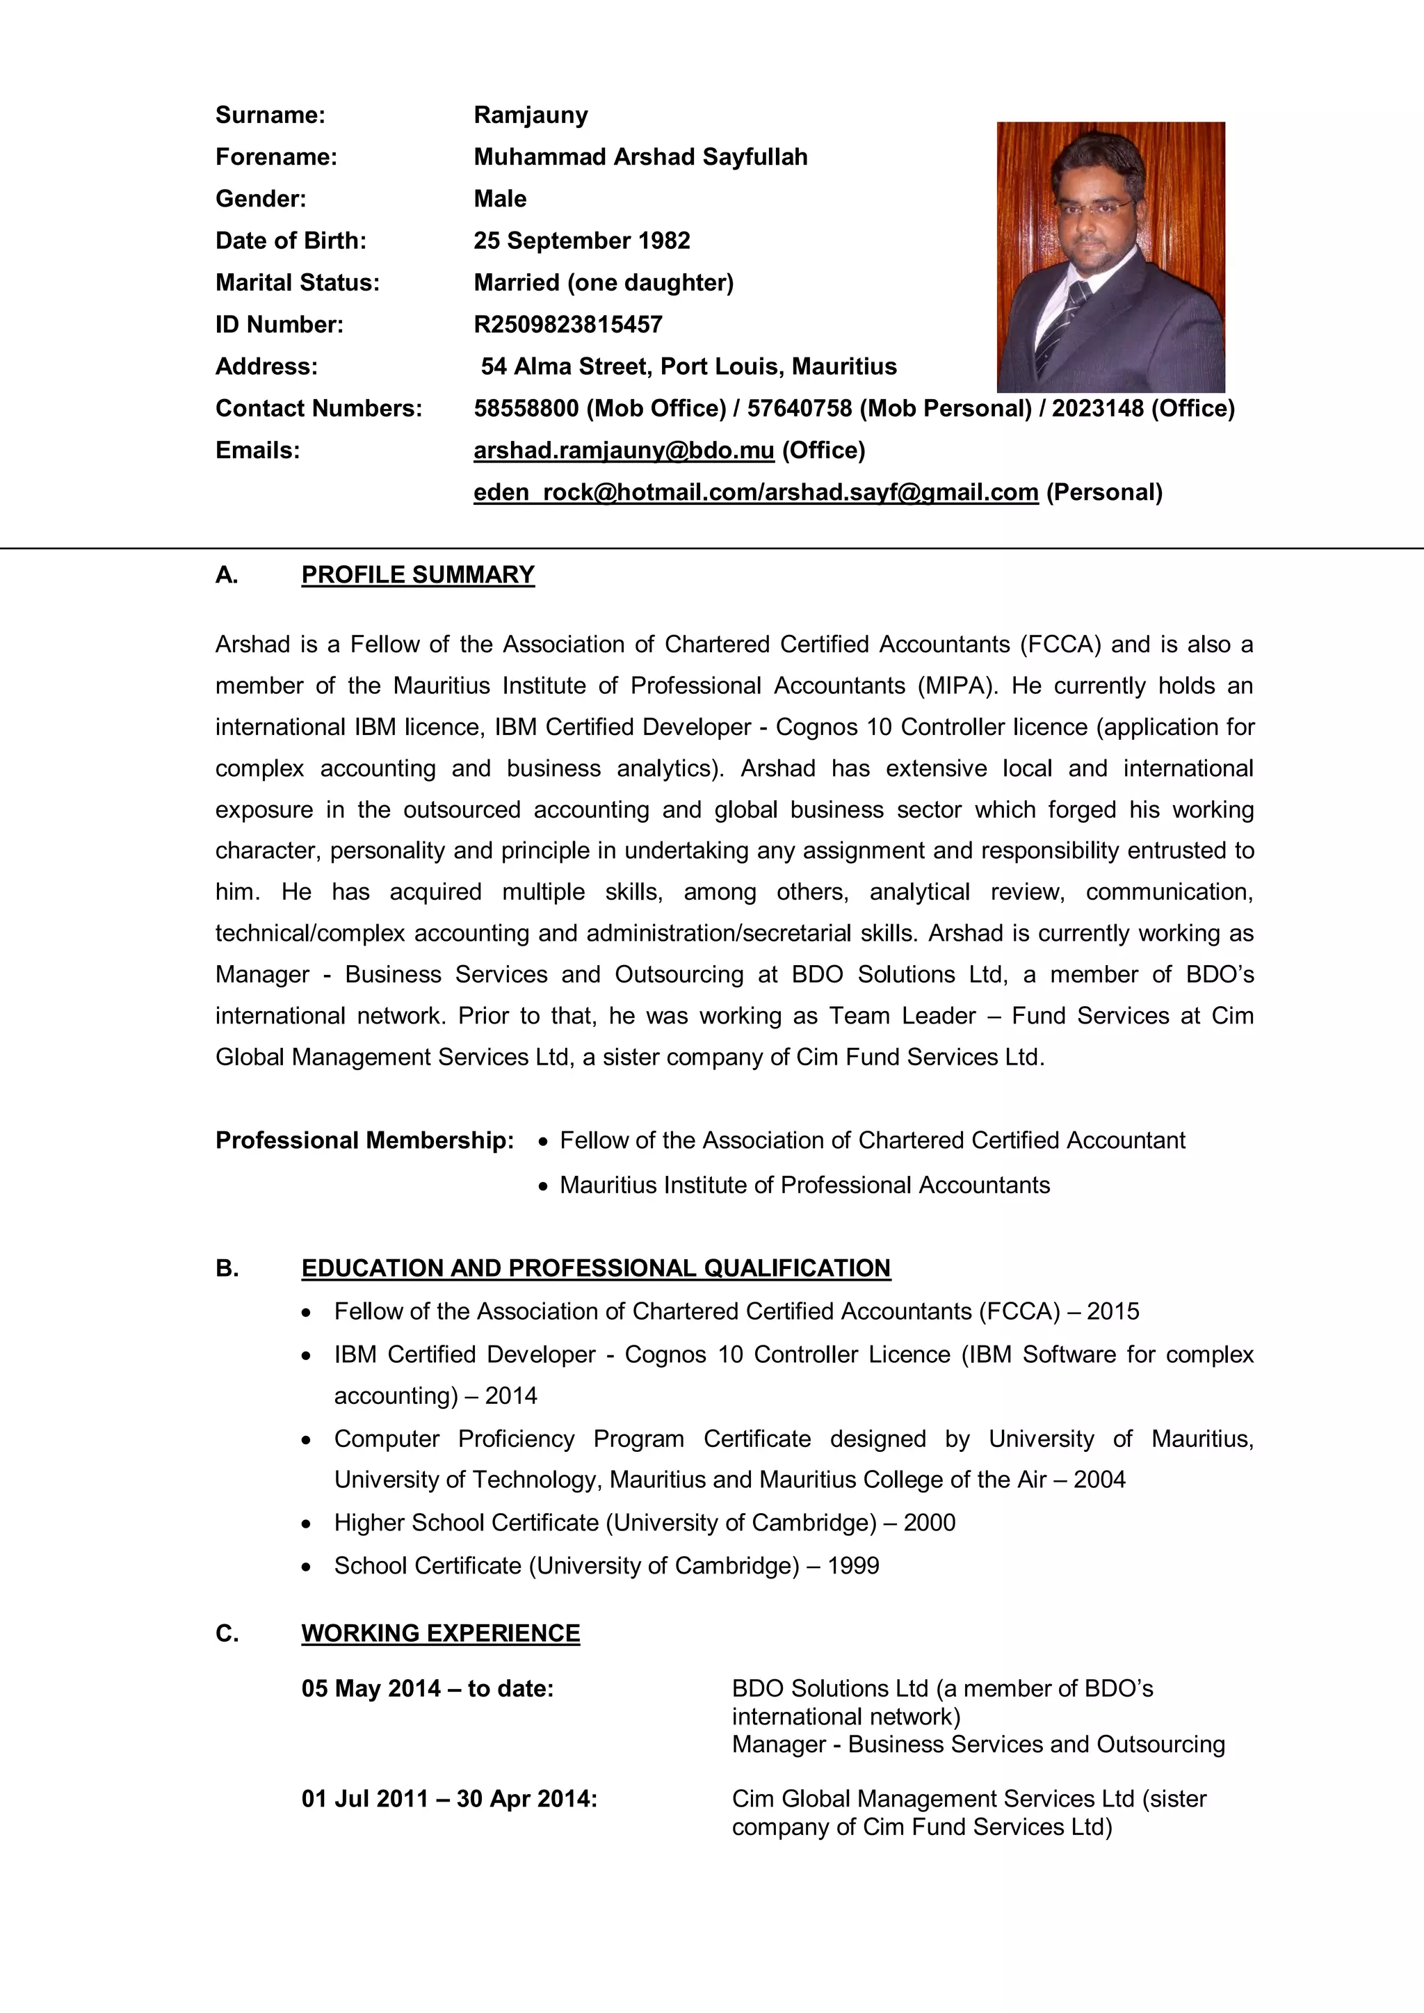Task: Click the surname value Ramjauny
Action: click(x=531, y=115)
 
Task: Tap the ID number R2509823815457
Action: click(x=567, y=325)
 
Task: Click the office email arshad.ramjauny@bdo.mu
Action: click(x=624, y=451)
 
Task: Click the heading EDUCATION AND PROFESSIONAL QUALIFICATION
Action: click(x=595, y=1269)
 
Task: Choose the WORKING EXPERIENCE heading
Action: click(x=440, y=1633)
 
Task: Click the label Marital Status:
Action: click(x=298, y=282)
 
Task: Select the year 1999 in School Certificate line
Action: click(x=853, y=1566)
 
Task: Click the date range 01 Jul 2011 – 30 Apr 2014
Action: click(x=449, y=1799)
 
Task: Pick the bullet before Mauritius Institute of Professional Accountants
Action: click(x=544, y=1186)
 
